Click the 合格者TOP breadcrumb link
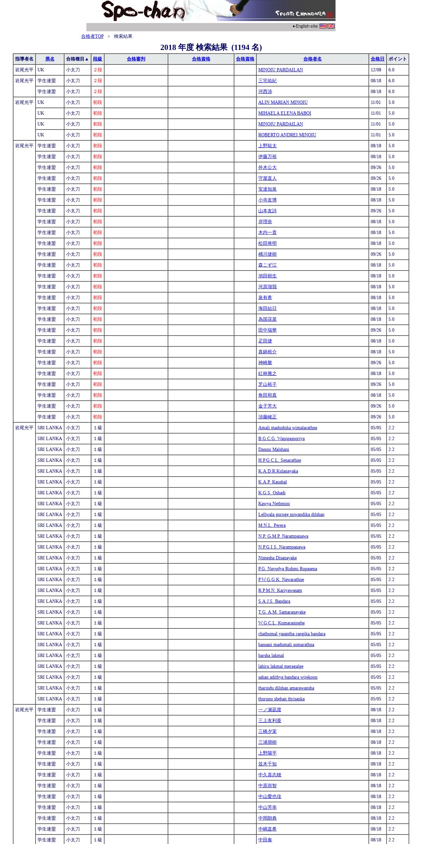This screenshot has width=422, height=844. pos(92,36)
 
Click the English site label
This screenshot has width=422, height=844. pos(306,26)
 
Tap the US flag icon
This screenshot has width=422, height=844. pos(323,26)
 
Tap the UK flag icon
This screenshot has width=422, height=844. pos(331,26)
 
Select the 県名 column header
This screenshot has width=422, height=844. pos(50,59)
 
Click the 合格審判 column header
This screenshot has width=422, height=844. pos(136,59)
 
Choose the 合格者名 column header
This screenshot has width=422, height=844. pos(312,59)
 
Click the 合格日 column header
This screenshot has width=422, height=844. pos(377,59)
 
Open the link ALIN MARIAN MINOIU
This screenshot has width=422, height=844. pos(283,103)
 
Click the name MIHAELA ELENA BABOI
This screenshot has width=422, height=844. pos(285,113)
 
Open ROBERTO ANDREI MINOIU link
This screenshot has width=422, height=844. pos(287,135)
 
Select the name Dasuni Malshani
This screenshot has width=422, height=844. pos(273,450)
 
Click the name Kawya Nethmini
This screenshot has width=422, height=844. pos(274,504)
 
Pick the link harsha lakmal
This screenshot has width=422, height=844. pos(271,656)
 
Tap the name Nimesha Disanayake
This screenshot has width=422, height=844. pos(277,558)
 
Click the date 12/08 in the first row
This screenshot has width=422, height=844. pos(376,70)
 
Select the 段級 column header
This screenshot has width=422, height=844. pos(97,59)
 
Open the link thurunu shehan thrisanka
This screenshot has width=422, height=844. pos(281,699)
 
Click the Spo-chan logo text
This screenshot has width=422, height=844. pos(143,11)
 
